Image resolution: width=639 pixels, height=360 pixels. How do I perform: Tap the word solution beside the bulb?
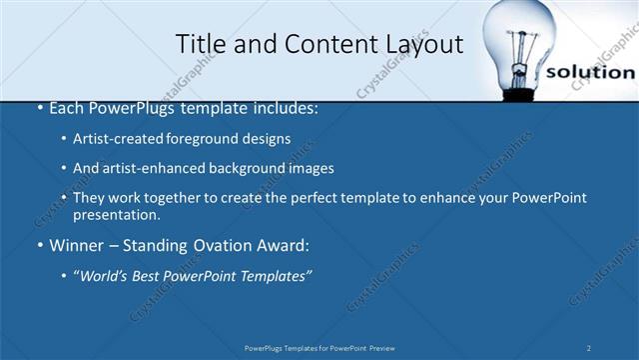[x=591, y=72]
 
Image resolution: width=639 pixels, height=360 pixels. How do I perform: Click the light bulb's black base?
[x=519, y=95]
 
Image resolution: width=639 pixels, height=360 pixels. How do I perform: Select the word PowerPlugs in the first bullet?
[x=131, y=108]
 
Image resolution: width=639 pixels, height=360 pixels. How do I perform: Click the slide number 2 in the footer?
[x=589, y=347]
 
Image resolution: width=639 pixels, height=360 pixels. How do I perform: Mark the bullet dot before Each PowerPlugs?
[x=39, y=108]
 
